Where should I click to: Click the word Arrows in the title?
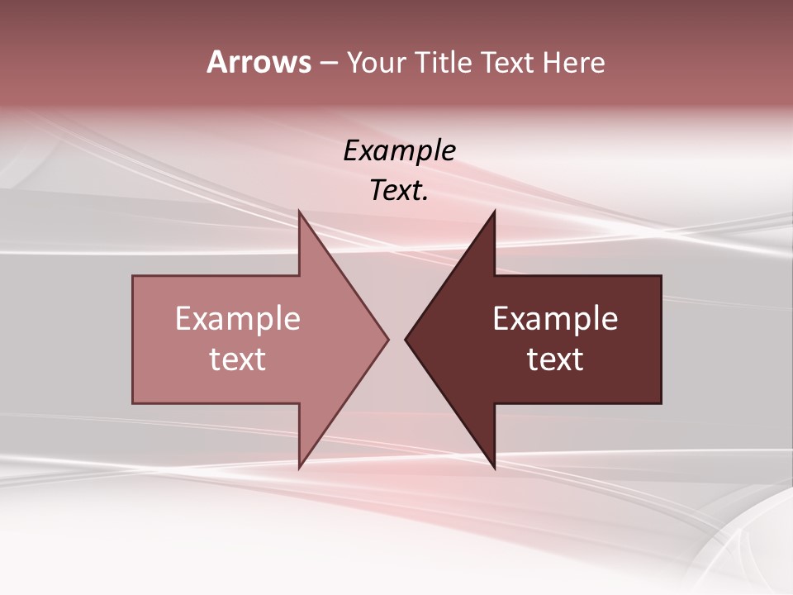point(259,62)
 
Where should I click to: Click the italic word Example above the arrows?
point(399,151)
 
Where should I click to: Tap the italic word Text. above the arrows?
point(399,191)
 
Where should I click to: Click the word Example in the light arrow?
point(238,319)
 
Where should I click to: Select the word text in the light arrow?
point(238,359)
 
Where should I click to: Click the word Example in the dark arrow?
point(555,319)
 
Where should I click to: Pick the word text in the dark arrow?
point(555,359)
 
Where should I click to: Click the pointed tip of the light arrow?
point(387,339)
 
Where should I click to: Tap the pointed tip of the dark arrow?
point(406,339)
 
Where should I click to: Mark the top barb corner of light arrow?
point(299,212)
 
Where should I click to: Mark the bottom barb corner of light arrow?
point(299,468)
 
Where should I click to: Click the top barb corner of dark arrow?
point(494,212)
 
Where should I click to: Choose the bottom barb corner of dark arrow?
point(494,468)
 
